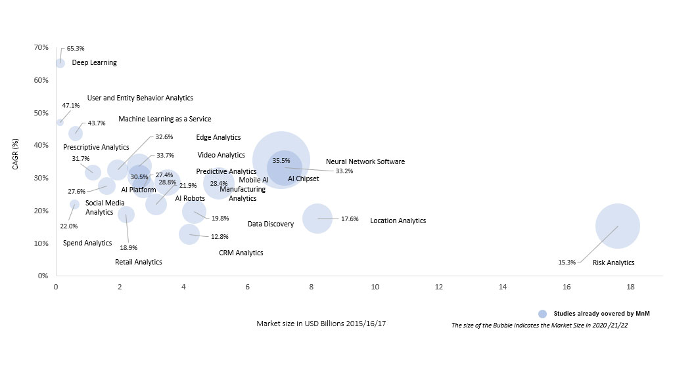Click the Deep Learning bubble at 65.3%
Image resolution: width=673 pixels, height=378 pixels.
60,63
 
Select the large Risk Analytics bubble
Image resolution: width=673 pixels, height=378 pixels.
617,226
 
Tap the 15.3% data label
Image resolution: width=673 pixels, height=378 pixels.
567,262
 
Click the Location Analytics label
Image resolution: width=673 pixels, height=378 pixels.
398,221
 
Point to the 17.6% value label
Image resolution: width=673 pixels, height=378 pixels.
350,219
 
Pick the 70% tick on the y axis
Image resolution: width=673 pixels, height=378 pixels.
41,47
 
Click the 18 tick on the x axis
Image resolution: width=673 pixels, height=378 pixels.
630,287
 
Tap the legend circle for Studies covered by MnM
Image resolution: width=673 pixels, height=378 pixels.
542,314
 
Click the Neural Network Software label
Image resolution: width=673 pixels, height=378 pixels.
365,161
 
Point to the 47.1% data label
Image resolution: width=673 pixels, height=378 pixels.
71,105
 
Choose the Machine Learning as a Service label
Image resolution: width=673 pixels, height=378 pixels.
165,119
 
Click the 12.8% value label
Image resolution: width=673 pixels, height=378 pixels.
220,237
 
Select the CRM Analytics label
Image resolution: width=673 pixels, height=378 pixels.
241,253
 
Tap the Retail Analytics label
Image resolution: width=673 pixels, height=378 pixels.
138,262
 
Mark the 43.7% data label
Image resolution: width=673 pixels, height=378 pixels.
97,123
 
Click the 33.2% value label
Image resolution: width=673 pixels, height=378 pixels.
344,171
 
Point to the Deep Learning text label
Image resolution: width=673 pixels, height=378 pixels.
94,63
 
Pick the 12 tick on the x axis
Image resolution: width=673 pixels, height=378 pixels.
438,287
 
